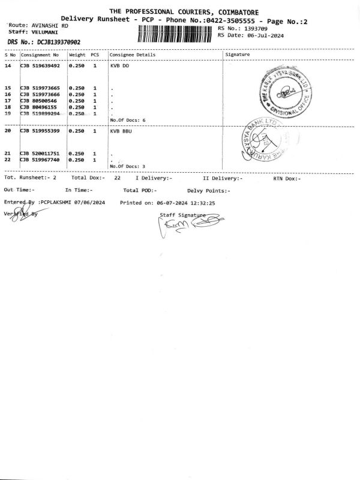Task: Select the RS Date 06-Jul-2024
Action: click(x=265, y=35)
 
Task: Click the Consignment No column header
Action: click(x=40, y=55)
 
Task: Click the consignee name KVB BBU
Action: click(x=121, y=130)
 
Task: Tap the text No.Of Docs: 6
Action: click(x=128, y=120)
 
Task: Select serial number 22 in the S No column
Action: click(x=8, y=160)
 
